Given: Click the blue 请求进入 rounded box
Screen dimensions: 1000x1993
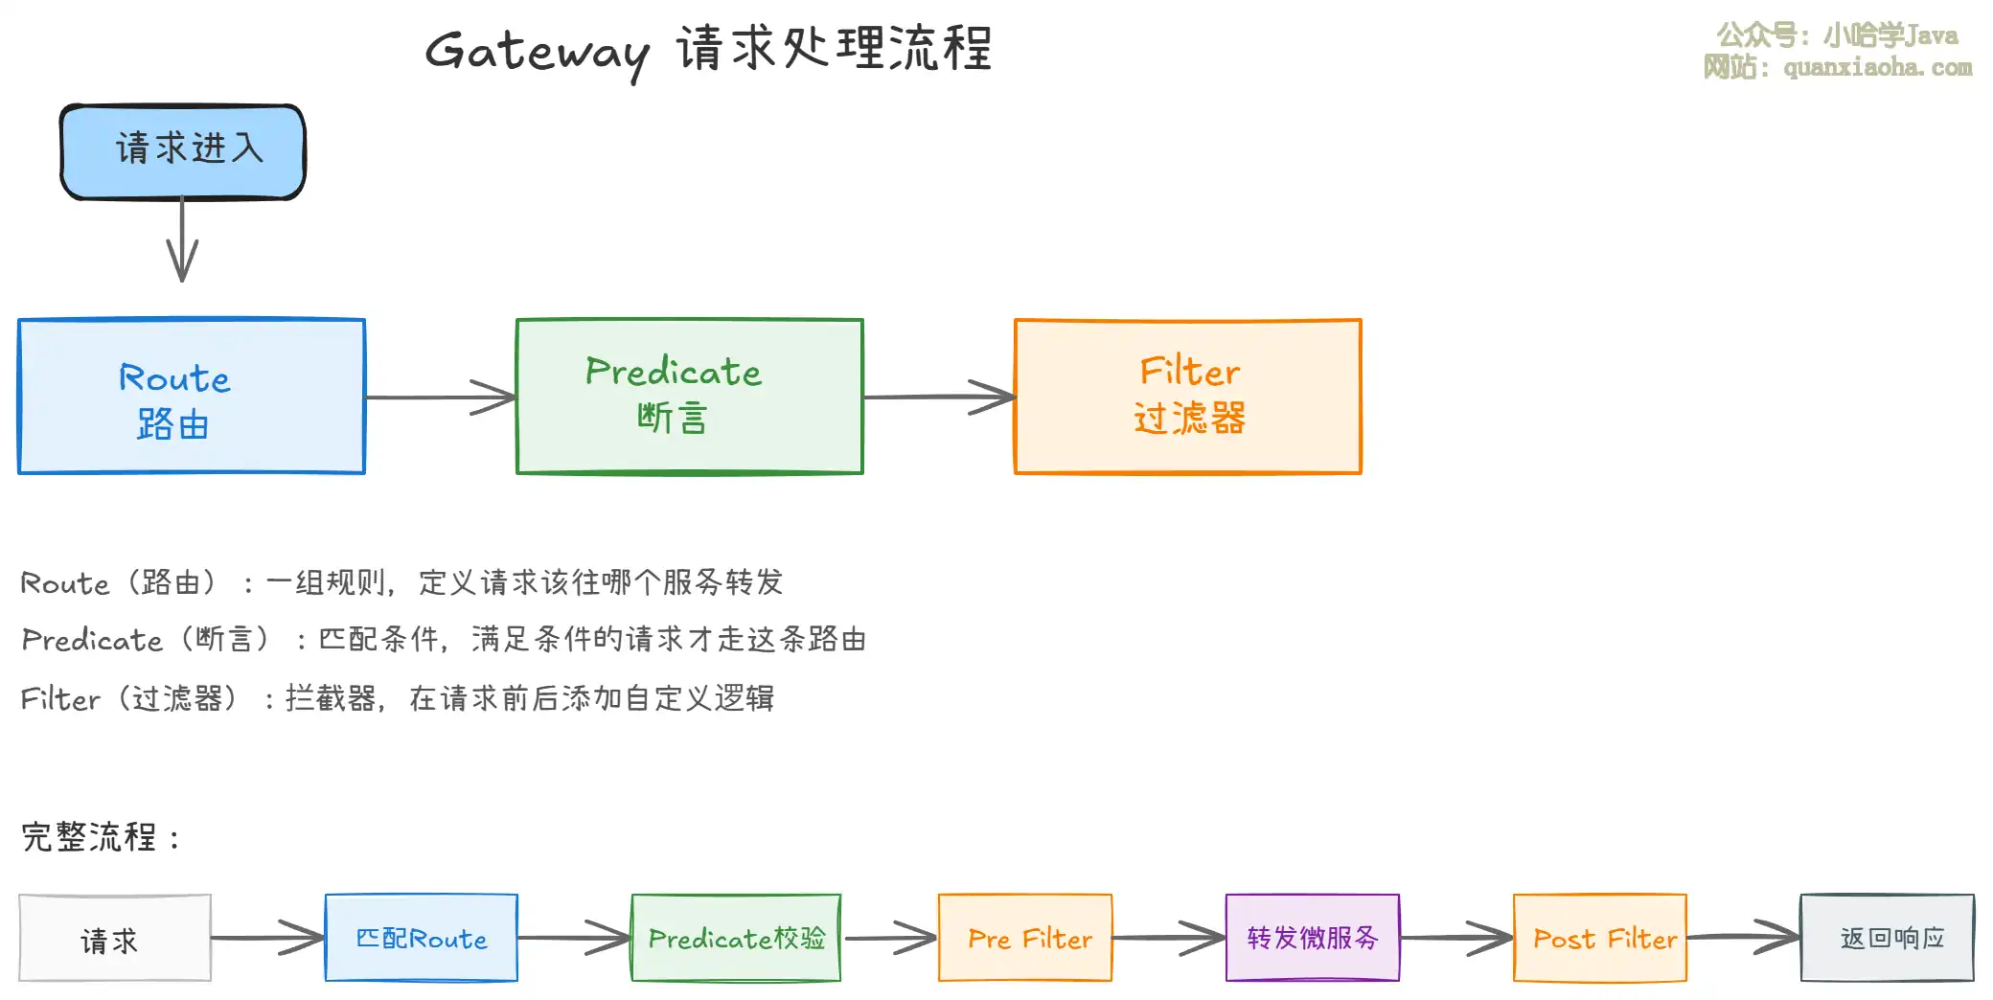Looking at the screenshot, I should click(183, 151).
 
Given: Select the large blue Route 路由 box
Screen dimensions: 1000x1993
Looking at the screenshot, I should click(192, 397).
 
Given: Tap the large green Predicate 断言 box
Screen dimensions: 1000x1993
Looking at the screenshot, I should click(690, 397).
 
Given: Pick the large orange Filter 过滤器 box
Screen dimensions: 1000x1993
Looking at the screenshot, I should click(1188, 397).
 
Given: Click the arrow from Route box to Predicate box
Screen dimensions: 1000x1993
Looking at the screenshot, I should click(441, 397).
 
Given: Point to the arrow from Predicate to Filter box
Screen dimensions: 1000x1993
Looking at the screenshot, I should click(939, 397).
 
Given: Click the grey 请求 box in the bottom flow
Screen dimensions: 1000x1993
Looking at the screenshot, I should click(115, 939).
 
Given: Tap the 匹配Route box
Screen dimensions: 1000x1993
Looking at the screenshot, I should click(422, 939).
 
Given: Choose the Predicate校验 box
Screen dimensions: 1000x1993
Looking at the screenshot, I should click(736, 939).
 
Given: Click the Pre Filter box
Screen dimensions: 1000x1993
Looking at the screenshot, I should click(1025, 939).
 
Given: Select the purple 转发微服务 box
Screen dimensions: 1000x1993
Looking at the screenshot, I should click(1313, 939).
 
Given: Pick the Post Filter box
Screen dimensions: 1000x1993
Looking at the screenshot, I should click(1600, 939).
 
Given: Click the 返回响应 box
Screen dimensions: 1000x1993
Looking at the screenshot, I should click(1888, 939).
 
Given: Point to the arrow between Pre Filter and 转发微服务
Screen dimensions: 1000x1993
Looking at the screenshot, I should click(1169, 939).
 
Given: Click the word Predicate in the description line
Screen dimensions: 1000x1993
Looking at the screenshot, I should click(92, 640).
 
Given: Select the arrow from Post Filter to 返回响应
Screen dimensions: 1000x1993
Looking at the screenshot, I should click(1744, 937).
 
